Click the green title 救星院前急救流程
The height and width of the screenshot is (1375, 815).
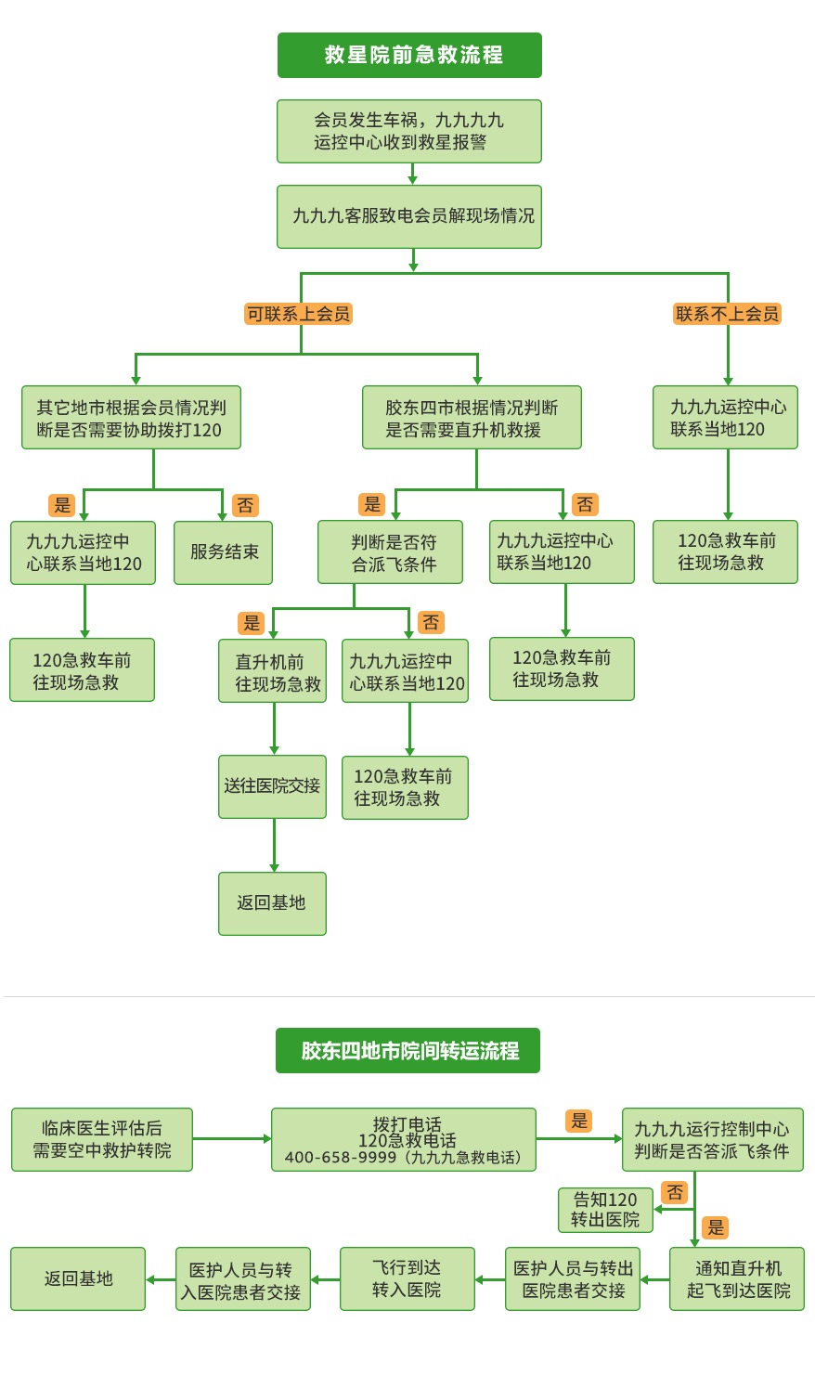coord(409,55)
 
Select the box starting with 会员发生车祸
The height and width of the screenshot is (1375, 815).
coord(409,131)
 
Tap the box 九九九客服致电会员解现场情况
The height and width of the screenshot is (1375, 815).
coord(409,216)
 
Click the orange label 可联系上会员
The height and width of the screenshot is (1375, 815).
coord(298,314)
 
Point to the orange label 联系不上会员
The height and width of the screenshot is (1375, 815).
coord(727,314)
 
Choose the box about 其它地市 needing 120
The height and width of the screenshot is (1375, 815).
coord(131,418)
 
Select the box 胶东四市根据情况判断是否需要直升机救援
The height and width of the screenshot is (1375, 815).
coord(472,418)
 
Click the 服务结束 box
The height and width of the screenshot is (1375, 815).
coord(223,552)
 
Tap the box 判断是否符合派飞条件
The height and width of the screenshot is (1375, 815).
coord(390,552)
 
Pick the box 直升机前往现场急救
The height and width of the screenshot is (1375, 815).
coord(272,671)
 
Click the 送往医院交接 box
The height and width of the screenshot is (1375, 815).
coord(272,786)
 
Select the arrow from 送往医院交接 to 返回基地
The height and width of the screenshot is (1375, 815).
coord(274,845)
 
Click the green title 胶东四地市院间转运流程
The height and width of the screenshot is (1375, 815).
coord(407,1050)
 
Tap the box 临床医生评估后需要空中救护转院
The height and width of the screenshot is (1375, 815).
coord(102,1139)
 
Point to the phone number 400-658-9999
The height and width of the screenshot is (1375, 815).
coord(340,1158)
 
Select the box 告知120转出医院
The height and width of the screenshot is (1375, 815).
coord(605,1210)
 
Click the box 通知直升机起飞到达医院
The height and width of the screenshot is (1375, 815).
coord(737,1278)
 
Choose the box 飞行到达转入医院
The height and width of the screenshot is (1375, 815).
coord(407,1278)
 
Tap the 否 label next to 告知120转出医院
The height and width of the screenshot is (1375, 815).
coord(675,1192)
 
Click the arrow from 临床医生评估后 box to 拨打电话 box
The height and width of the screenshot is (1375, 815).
coord(231,1138)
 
